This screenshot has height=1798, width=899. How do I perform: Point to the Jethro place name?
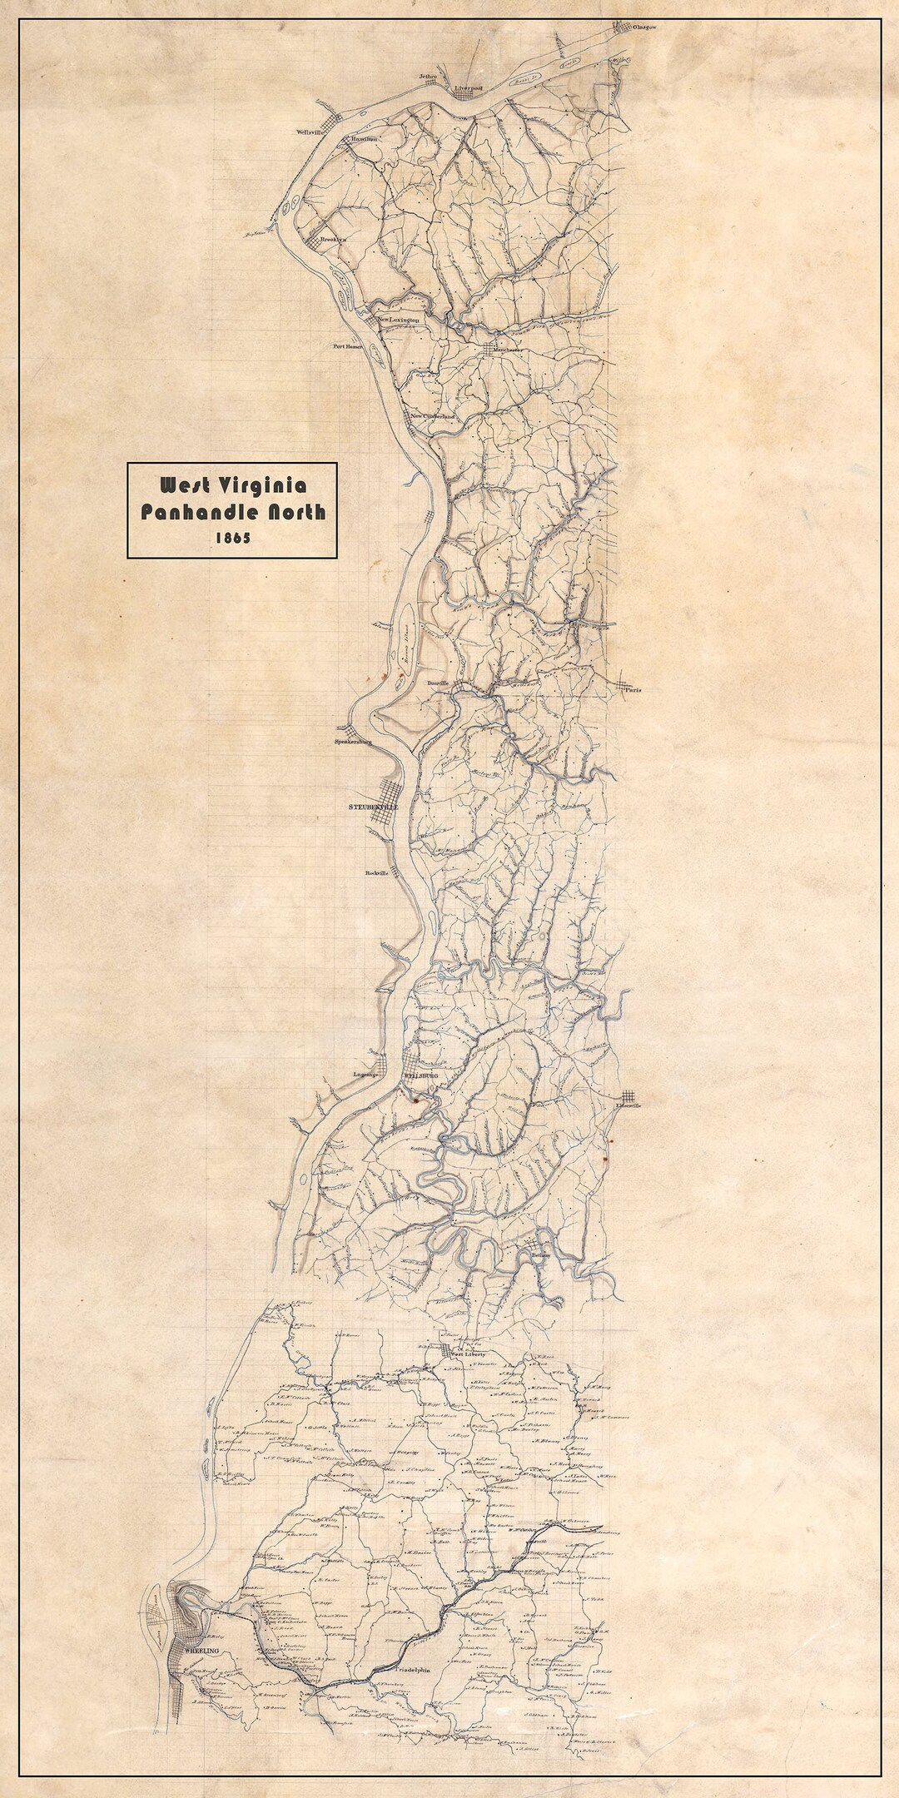click(x=428, y=77)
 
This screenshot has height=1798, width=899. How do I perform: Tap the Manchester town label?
click(x=508, y=350)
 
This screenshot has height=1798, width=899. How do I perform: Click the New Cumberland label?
click(x=434, y=416)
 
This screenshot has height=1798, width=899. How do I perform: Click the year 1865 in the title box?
click(x=232, y=538)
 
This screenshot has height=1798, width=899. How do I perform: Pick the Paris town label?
click(x=635, y=689)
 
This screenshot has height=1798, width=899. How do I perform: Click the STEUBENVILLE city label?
click(x=373, y=807)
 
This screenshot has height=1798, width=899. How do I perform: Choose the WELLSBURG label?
click(x=420, y=1076)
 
